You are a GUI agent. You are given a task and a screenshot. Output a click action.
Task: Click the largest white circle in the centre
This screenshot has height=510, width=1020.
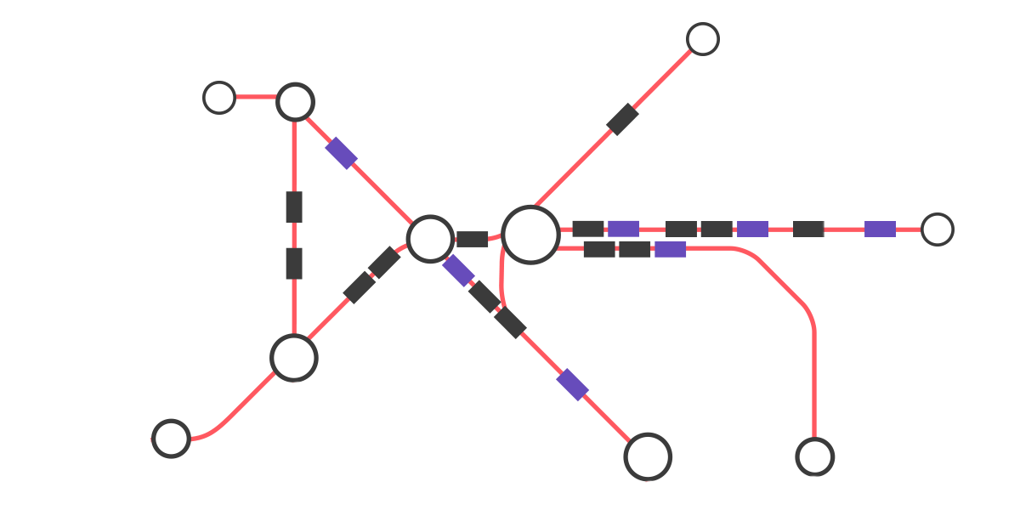[x=530, y=235]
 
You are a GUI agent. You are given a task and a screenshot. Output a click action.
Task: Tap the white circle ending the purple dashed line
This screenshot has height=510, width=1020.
[x=937, y=229]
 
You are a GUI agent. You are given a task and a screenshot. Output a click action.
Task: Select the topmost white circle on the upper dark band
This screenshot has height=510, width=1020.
[x=702, y=39]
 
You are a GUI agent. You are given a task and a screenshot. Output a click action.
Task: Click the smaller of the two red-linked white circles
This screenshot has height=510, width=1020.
[x=219, y=98]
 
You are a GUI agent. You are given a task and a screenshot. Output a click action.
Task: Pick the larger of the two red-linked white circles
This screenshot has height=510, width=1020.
[x=295, y=102]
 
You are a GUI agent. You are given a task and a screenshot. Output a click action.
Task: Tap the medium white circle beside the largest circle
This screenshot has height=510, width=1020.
[x=430, y=240]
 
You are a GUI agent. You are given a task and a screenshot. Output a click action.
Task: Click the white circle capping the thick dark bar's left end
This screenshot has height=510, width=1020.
[x=294, y=358]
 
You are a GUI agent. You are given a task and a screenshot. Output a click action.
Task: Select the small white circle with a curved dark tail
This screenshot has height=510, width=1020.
[x=171, y=439]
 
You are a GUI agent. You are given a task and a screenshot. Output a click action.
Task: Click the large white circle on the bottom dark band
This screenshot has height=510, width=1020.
[x=648, y=457]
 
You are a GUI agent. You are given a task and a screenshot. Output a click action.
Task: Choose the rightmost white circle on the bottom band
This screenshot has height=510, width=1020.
[x=814, y=457]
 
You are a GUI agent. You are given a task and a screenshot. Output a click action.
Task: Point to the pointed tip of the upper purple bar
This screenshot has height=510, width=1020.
[x=328, y=149]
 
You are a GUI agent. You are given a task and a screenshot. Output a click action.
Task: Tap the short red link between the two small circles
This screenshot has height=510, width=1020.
[x=257, y=97]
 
